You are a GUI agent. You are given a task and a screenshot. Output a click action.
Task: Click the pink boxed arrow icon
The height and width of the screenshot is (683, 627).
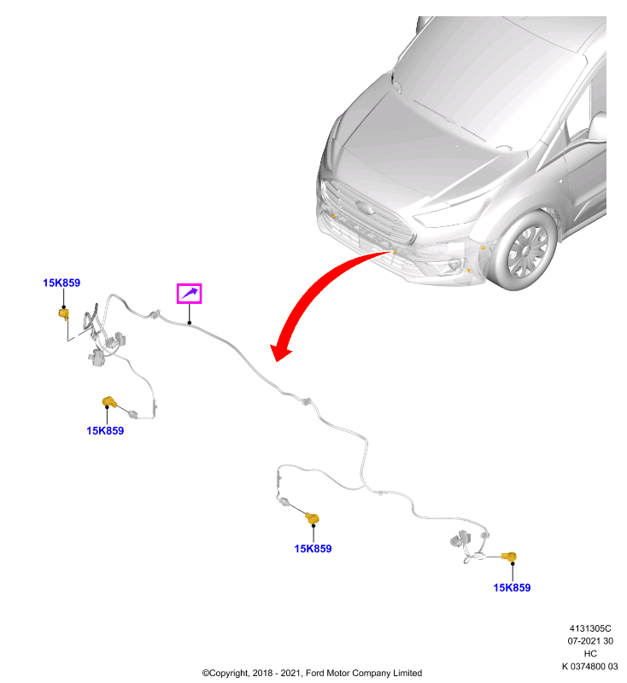pyautogui.click(x=189, y=293)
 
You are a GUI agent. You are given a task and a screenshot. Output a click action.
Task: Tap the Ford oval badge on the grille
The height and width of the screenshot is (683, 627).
pyautogui.click(x=364, y=207)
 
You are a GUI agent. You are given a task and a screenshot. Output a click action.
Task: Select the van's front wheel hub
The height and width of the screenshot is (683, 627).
pyautogui.click(x=526, y=252)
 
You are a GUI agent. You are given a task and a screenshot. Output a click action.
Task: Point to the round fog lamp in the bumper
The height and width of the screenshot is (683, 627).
pyautogui.click(x=456, y=265)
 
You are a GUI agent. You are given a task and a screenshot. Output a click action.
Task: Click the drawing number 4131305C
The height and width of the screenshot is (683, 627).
pyautogui.click(x=590, y=628)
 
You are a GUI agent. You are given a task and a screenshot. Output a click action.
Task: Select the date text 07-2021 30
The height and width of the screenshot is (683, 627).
pyautogui.click(x=590, y=641)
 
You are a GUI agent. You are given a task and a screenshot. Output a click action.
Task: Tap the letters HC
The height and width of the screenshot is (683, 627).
pyautogui.click(x=590, y=653)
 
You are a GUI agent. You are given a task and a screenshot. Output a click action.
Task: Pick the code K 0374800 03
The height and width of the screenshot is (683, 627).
pyautogui.click(x=589, y=666)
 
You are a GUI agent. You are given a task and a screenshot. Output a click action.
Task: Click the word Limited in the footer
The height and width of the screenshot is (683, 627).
pyautogui.click(x=407, y=673)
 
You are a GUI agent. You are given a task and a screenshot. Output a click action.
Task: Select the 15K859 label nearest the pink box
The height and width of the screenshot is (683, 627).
pyautogui.click(x=62, y=283)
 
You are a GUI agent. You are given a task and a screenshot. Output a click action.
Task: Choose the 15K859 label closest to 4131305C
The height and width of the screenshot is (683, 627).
pyautogui.click(x=512, y=587)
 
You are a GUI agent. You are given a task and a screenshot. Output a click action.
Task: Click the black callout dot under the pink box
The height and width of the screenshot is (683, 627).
pyautogui.click(x=190, y=323)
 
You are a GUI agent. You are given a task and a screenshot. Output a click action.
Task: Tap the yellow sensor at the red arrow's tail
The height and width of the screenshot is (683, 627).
pyautogui.click(x=395, y=251)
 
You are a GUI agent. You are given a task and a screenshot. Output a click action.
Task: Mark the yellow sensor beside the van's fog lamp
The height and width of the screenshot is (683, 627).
pyautogui.click(x=468, y=271)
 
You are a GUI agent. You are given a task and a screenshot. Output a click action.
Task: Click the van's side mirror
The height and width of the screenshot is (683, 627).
pyautogui.click(x=597, y=126)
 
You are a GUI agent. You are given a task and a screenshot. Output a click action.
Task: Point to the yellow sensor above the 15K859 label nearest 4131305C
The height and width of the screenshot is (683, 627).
pyautogui.click(x=508, y=557)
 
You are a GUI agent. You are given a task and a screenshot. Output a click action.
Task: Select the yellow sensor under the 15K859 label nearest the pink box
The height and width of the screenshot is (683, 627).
pyautogui.click(x=63, y=313)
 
